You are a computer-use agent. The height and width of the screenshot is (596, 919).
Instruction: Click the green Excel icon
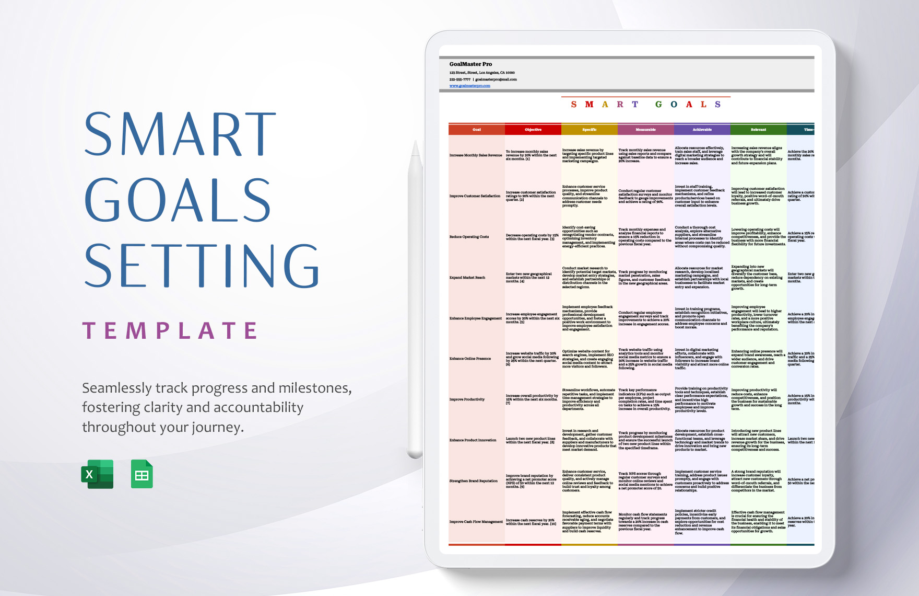click(97, 474)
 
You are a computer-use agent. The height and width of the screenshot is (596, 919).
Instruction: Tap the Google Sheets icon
click(142, 474)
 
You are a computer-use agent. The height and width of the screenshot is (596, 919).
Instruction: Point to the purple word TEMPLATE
click(170, 331)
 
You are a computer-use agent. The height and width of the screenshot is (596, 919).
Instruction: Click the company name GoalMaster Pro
click(470, 64)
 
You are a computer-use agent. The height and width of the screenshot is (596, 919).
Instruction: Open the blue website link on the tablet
click(469, 86)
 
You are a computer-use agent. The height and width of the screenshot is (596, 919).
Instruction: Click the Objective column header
click(533, 130)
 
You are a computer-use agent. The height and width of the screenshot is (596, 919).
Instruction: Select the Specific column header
click(589, 130)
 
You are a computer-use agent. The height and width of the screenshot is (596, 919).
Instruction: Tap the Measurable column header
click(645, 130)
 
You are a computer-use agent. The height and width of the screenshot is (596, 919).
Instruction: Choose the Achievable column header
click(702, 130)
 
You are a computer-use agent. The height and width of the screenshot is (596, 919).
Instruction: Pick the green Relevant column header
click(758, 130)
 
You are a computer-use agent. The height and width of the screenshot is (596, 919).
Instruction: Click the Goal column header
click(476, 130)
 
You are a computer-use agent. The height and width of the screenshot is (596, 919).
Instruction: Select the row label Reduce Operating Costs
click(469, 237)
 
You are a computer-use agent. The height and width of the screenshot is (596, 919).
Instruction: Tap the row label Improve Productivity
click(467, 399)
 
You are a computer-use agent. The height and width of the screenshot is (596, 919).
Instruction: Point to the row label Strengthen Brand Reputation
click(473, 481)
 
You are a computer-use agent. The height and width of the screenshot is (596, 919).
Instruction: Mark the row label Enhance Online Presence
click(470, 359)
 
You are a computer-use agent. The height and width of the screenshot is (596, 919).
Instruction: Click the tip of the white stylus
click(416, 144)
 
